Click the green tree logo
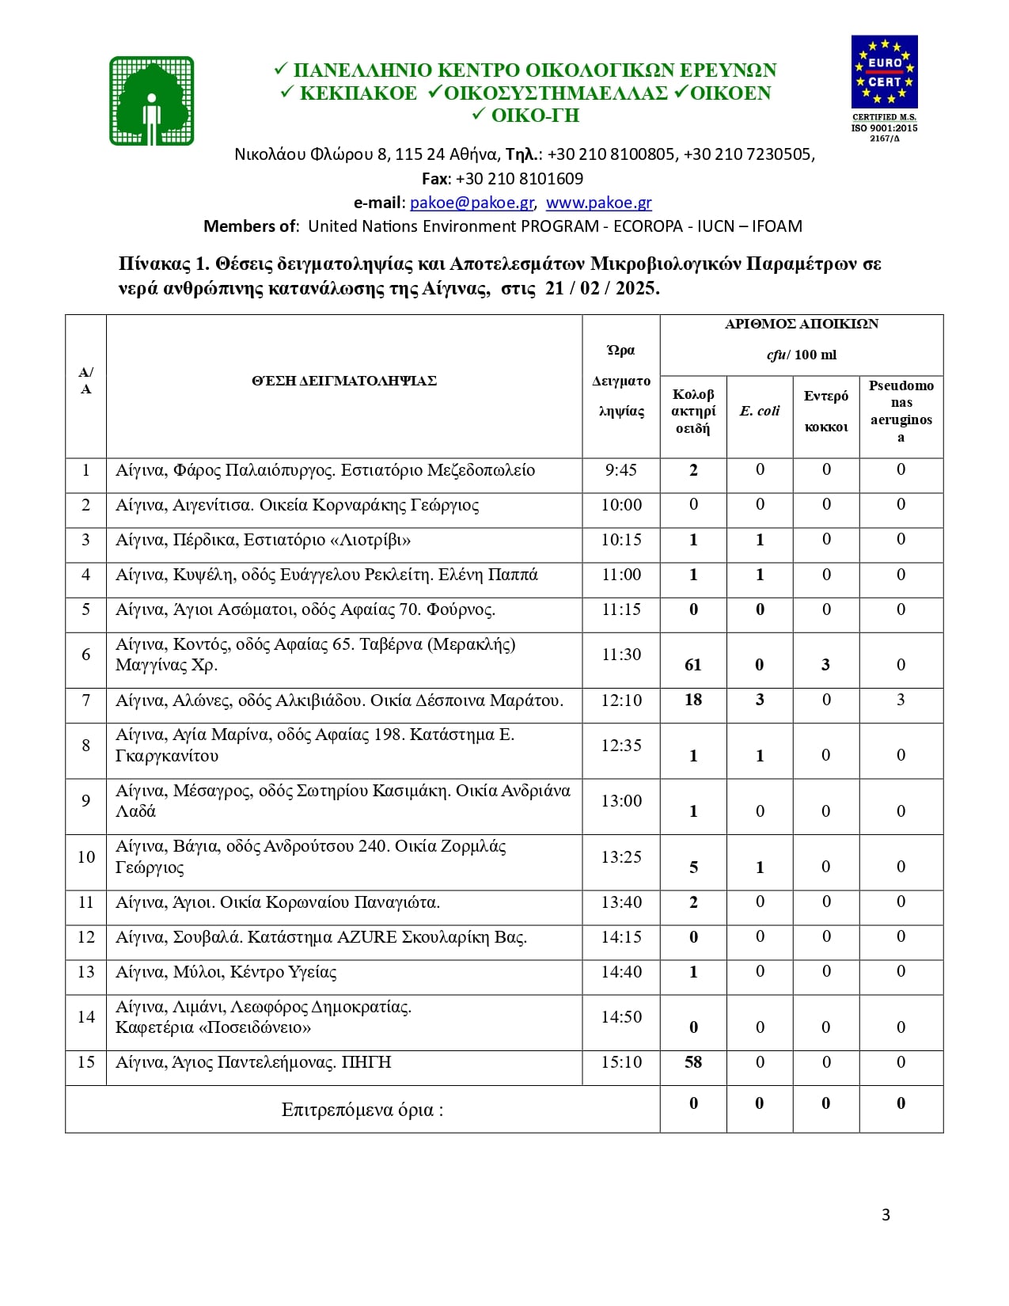pyautogui.click(x=152, y=101)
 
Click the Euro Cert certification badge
pyautogui.click(x=884, y=72)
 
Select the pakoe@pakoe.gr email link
pyautogui.click(x=472, y=203)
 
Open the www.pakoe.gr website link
pyautogui.click(x=598, y=203)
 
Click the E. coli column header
pyautogui.click(x=760, y=411)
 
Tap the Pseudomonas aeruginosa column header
pyautogui.click(x=901, y=411)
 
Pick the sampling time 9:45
pyautogui.click(x=620, y=470)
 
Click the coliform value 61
pyautogui.click(x=693, y=665)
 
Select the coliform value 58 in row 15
pyautogui.click(x=693, y=1062)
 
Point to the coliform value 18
pyautogui.click(x=693, y=700)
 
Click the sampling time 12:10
pyautogui.click(x=620, y=700)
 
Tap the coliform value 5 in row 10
pyautogui.click(x=693, y=868)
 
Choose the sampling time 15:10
pyautogui.click(x=620, y=1062)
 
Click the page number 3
pyautogui.click(x=886, y=1215)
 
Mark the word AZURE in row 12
pyautogui.click(x=367, y=937)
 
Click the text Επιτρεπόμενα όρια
pyautogui.click(x=362, y=1110)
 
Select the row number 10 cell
pyautogui.click(x=85, y=857)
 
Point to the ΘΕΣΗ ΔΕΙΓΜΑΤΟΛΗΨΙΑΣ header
pyautogui.click(x=344, y=381)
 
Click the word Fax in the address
pyautogui.click(x=435, y=179)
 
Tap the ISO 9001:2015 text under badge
pyautogui.click(x=884, y=128)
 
